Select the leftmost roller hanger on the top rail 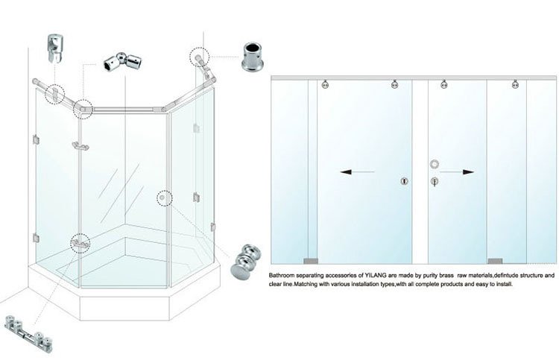pos(326,85)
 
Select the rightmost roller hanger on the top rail pos(515,85)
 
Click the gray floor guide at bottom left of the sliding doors pos(311,261)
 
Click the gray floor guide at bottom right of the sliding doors pos(494,261)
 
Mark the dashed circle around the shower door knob pos(164,198)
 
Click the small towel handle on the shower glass pos(78,145)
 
